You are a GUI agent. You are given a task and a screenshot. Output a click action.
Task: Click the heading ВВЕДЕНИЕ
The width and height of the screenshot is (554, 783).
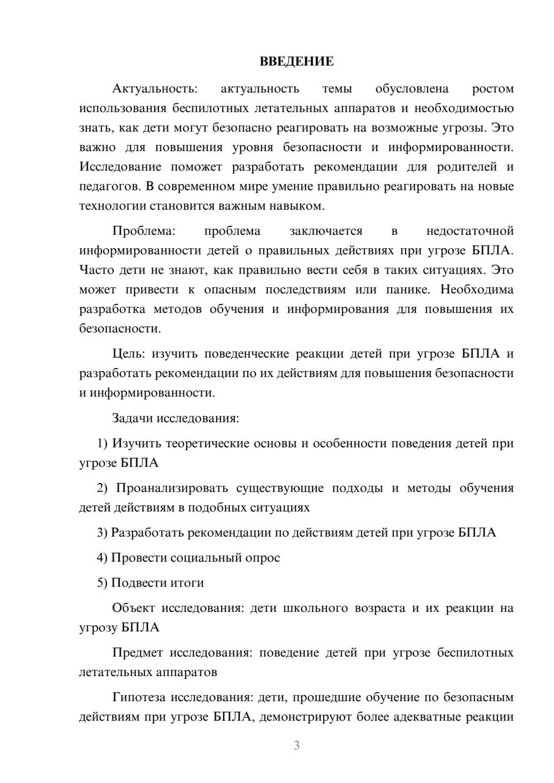tap(296, 61)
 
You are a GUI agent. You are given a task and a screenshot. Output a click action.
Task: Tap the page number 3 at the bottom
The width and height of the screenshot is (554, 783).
tap(296, 746)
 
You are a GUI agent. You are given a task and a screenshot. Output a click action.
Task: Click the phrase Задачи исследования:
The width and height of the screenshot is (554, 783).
tap(175, 418)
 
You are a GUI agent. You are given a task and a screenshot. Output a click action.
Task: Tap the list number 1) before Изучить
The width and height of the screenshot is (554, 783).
tap(102, 443)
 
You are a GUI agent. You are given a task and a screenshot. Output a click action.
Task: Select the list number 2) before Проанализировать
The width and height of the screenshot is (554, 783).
tap(102, 488)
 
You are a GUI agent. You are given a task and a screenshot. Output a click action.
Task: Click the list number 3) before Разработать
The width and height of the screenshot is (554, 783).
tap(102, 533)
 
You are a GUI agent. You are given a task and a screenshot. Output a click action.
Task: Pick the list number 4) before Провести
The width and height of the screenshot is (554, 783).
tap(102, 558)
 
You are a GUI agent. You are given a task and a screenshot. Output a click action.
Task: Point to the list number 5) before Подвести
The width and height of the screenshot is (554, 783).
tap(102, 583)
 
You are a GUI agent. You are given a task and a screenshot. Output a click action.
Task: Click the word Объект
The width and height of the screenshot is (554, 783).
tap(134, 608)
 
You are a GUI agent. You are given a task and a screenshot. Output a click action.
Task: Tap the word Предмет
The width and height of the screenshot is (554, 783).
tap(137, 653)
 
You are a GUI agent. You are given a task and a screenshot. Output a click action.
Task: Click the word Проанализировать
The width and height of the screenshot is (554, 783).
tap(172, 488)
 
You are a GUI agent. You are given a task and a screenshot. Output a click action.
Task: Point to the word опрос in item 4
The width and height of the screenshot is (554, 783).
tap(263, 558)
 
